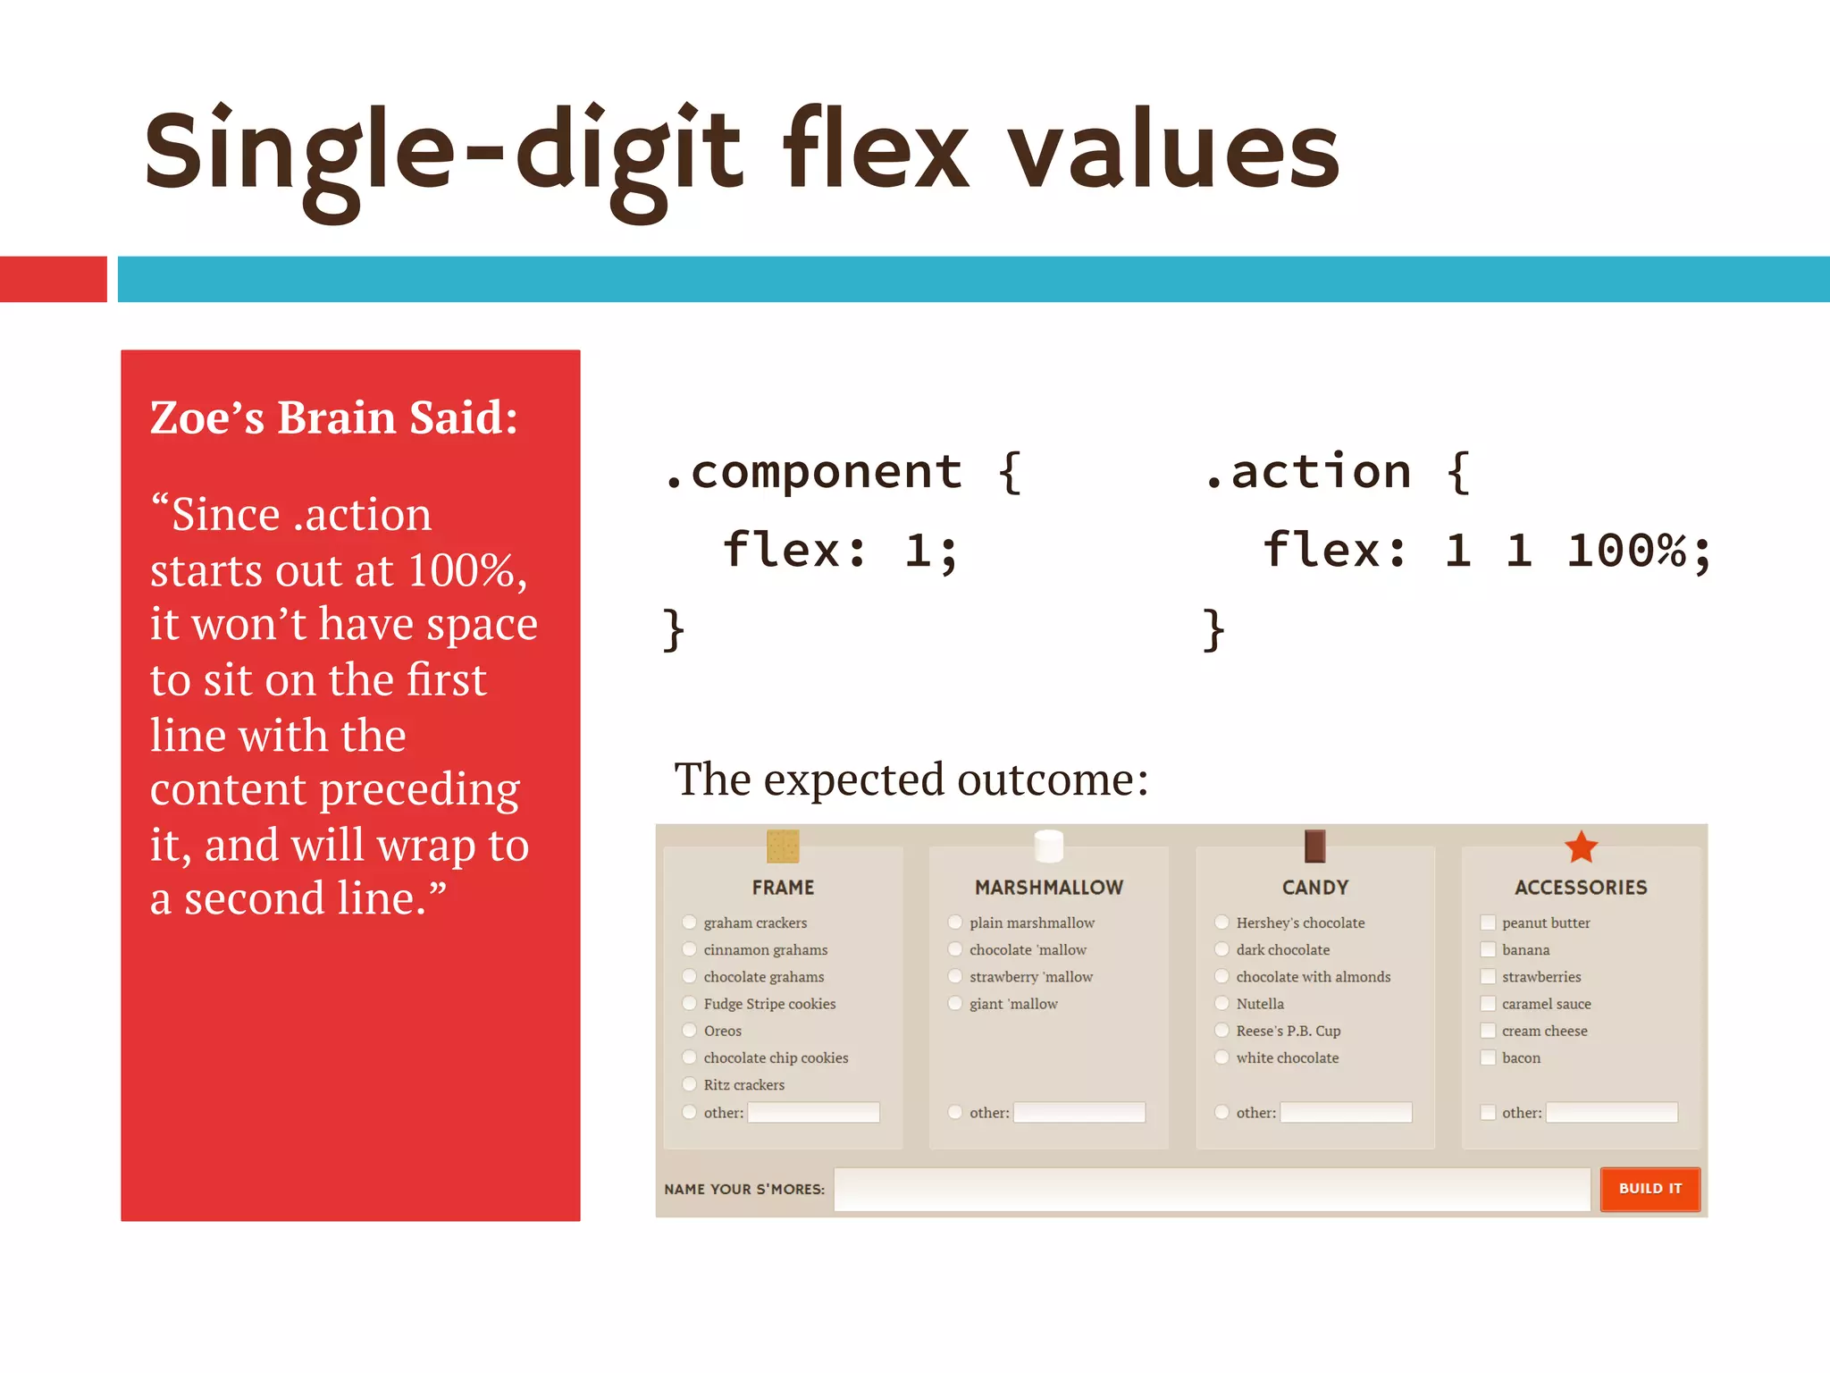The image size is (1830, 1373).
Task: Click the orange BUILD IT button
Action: click(x=1650, y=1189)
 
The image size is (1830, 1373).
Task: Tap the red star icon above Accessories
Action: click(x=1581, y=847)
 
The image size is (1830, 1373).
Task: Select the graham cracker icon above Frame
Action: click(x=783, y=846)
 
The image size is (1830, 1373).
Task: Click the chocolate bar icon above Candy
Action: click(x=1314, y=846)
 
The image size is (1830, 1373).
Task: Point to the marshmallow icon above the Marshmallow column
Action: click(x=1048, y=846)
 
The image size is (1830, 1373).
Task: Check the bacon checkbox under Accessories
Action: click(x=1488, y=1057)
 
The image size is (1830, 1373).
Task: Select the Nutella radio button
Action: click(x=1221, y=1003)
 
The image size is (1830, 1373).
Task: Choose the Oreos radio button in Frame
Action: click(x=689, y=1031)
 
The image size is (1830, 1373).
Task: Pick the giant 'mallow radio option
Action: click(x=955, y=1003)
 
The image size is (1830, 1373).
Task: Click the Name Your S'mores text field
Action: click(x=1211, y=1189)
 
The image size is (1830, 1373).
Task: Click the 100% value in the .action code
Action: click(x=1626, y=550)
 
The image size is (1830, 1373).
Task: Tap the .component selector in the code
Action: click(x=813, y=471)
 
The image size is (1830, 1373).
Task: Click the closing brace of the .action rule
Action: click(x=1213, y=630)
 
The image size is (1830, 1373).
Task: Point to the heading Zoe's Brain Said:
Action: click(x=334, y=417)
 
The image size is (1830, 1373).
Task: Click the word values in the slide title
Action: click(x=1174, y=152)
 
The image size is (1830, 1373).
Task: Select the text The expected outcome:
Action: click(x=911, y=779)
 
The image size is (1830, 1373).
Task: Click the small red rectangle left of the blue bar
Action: click(x=54, y=279)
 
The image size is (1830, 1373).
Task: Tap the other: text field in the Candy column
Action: click(x=1346, y=1112)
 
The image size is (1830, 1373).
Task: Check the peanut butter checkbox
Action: click(x=1488, y=922)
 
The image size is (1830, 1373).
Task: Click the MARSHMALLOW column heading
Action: click(x=1048, y=888)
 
